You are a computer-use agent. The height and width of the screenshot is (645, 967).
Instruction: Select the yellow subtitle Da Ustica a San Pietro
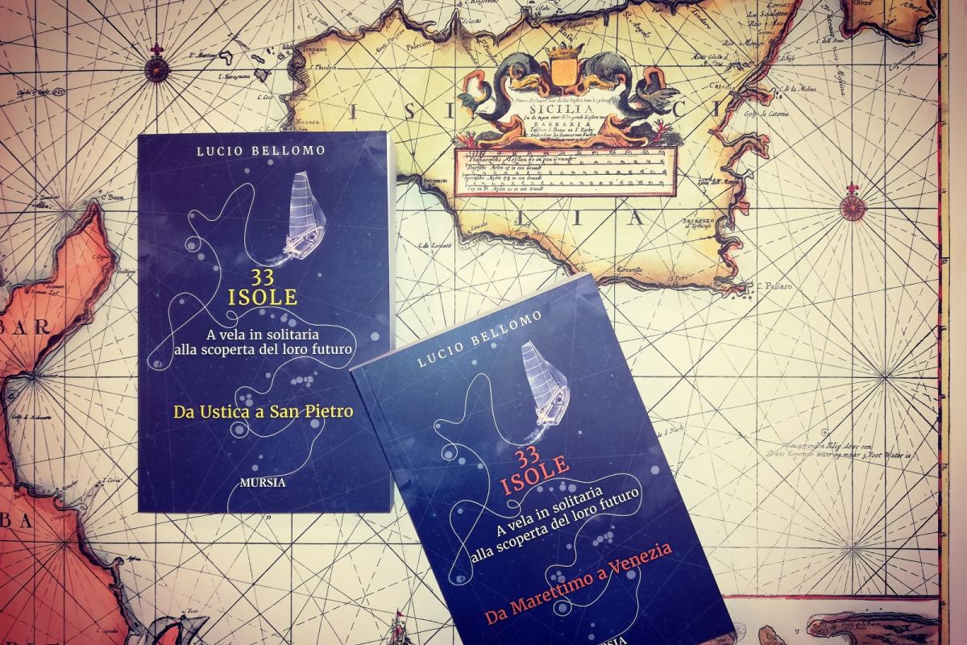pyautogui.click(x=264, y=412)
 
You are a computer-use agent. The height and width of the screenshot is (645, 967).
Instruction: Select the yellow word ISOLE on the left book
pyautogui.click(x=251, y=297)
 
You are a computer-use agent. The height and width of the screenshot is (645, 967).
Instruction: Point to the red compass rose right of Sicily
pyautogui.click(x=853, y=206)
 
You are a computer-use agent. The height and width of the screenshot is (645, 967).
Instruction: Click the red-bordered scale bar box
pyautogui.click(x=564, y=172)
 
